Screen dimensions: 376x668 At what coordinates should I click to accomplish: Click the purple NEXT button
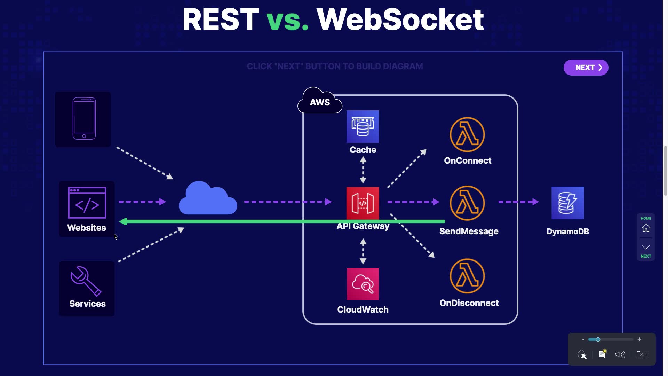(586, 68)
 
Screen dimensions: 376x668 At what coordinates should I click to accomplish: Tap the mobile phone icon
(84, 118)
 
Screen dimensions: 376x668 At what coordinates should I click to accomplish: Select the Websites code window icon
(87, 203)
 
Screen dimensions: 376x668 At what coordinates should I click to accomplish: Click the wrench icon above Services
(86, 281)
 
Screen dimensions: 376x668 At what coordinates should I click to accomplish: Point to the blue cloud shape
(208, 199)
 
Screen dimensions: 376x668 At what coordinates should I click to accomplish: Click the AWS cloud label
(320, 102)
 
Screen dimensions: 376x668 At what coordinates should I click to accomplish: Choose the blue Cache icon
(363, 126)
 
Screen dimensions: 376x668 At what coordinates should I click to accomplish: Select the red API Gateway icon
(363, 203)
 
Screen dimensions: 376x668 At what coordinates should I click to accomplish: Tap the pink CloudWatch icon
(363, 284)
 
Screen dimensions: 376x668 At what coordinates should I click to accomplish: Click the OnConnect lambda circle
(467, 134)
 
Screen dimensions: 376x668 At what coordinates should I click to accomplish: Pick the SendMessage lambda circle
(467, 203)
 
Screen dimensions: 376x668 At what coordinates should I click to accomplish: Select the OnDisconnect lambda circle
(467, 276)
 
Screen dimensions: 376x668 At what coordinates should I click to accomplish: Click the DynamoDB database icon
(567, 203)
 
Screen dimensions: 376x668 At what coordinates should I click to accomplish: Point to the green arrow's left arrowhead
(123, 221)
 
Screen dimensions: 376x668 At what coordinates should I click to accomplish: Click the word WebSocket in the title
(400, 19)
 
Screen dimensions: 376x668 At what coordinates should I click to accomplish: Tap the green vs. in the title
(287, 19)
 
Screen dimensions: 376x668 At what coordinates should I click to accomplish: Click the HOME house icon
(646, 228)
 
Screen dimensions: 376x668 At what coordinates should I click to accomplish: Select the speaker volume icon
(620, 354)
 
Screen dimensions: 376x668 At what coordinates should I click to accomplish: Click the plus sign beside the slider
(639, 339)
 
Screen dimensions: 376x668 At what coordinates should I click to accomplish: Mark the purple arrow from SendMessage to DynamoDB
(518, 202)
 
